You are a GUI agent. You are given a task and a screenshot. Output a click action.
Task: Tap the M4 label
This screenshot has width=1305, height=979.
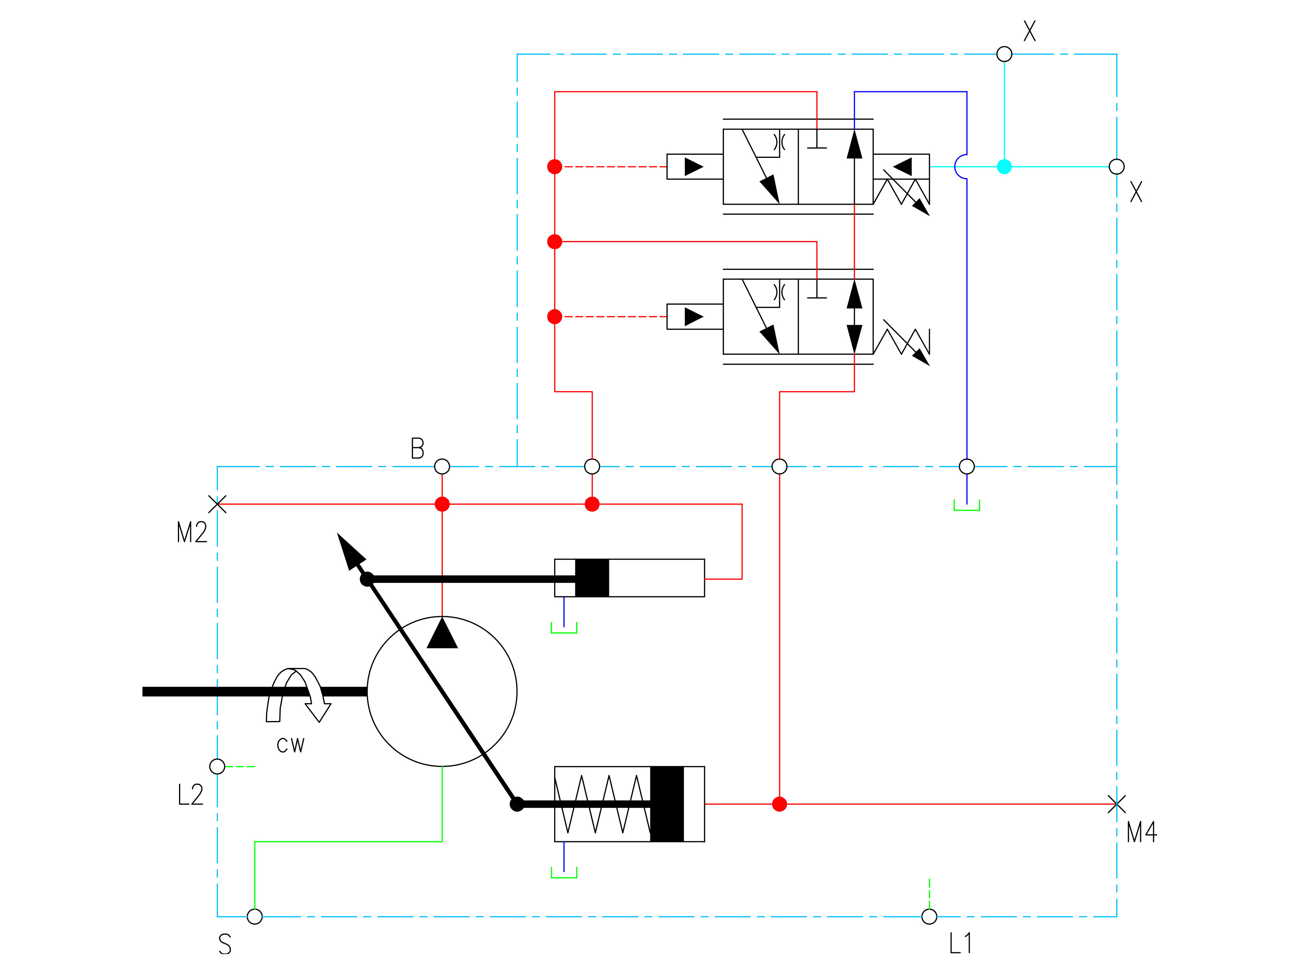click(x=1141, y=832)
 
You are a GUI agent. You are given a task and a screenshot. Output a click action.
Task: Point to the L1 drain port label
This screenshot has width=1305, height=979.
click(x=960, y=943)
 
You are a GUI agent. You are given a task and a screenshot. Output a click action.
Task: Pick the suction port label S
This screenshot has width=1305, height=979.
click(x=225, y=944)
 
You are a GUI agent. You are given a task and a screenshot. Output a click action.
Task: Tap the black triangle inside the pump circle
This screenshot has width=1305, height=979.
click(x=442, y=634)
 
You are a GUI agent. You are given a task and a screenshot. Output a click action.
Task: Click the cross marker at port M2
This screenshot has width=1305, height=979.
click(x=217, y=504)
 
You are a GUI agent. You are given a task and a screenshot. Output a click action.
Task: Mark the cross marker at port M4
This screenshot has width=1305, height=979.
click(x=1116, y=804)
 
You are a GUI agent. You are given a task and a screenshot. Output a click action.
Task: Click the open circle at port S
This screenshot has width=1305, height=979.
click(x=255, y=916)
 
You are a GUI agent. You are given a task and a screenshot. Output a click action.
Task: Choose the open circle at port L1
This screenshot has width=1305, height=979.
click(x=929, y=916)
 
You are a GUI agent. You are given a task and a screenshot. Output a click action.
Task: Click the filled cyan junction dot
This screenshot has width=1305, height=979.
click(x=1004, y=167)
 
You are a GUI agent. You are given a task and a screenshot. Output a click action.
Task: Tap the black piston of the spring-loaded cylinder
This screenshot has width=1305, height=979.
click(x=667, y=804)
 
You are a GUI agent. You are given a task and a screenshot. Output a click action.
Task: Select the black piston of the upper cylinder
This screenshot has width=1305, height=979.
click(x=592, y=578)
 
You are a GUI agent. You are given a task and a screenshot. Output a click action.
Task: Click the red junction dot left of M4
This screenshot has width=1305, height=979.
click(x=780, y=804)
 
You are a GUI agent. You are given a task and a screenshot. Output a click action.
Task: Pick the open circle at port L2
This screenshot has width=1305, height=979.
click(x=217, y=767)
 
